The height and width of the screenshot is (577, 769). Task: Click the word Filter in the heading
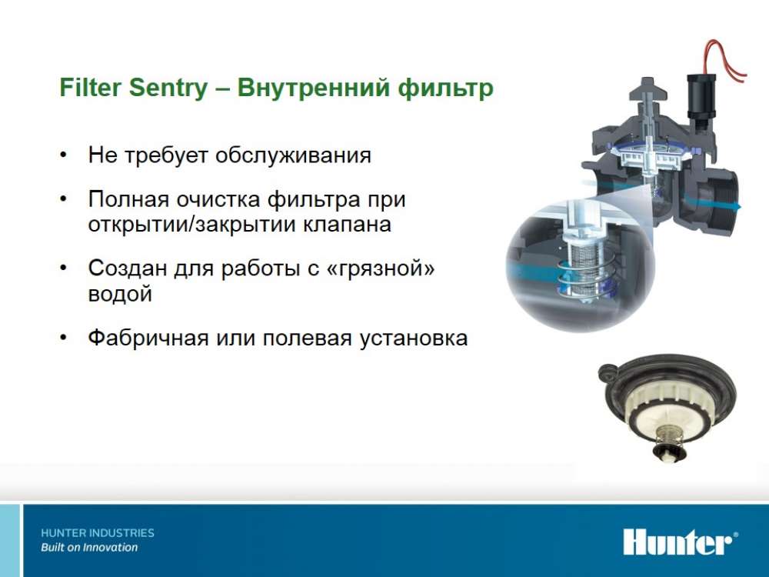tap(90, 88)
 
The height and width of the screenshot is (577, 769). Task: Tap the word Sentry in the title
tap(168, 88)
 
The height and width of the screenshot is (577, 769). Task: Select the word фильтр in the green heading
tap(445, 88)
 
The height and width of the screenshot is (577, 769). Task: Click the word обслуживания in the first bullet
tap(293, 155)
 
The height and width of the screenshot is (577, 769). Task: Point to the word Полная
tap(128, 200)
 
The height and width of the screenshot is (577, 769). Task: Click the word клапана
tap(347, 224)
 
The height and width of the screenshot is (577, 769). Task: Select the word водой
tap(120, 293)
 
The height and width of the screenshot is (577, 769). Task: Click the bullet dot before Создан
tap(63, 268)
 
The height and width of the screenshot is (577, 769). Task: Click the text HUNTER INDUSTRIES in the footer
tap(98, 533)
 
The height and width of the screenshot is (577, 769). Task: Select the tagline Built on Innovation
tap(89, 548)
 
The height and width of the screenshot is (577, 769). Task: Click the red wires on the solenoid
tap(724, 60)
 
